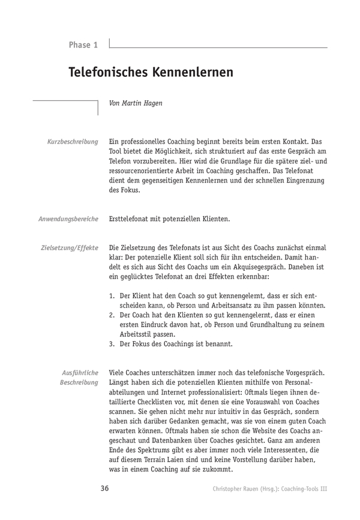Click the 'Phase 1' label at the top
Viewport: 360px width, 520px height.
pyautogui.click(x=83, y=45)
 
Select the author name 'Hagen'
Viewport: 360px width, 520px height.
pyautogui.click(x=151, y=103)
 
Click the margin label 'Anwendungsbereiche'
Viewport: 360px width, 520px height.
pyautogui.click(x=68, y=219)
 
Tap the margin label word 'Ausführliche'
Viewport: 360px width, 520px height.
pyautogui.click(x=80, y=373)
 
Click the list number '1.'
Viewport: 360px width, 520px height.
pyautogui.click(x=112, y=296)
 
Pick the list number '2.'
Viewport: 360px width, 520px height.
pyautogui.click(x=112, y=315)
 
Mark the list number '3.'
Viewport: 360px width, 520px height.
pyautogui.click(x=112, y=344)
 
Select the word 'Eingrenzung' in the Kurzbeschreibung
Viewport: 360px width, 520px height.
pyautogui.click(x=305, y=180)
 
